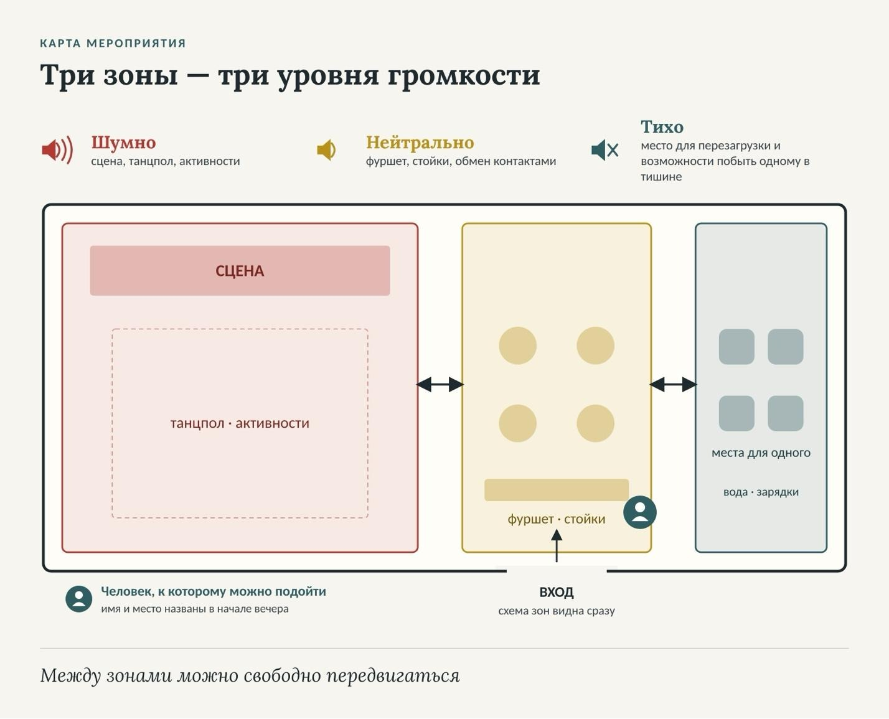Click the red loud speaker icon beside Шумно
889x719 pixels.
point(57,150)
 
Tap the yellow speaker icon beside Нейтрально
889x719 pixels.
point(326,150)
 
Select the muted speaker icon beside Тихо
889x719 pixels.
point(604,150)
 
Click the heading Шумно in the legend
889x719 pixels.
point(123,143)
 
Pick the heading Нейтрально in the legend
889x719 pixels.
point(420,143)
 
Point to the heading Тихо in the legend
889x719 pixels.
point(662,127)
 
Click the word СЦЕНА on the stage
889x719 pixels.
point(240,271)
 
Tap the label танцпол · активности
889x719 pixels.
point(240,423)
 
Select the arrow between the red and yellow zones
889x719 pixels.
point(440,384)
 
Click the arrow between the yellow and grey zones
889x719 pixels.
point(673,384)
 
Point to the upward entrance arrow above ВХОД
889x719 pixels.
point(557,546)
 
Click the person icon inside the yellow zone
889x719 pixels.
point(640,512)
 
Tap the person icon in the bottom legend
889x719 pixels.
point(79,599)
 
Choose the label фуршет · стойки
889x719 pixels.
point(557,519)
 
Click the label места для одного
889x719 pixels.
point(761,453)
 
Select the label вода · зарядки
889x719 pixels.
point(761,492)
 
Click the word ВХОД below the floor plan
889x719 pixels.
point(557,592)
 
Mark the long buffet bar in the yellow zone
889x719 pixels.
point(557,490)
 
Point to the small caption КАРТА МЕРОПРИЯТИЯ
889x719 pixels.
point(113,44)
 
